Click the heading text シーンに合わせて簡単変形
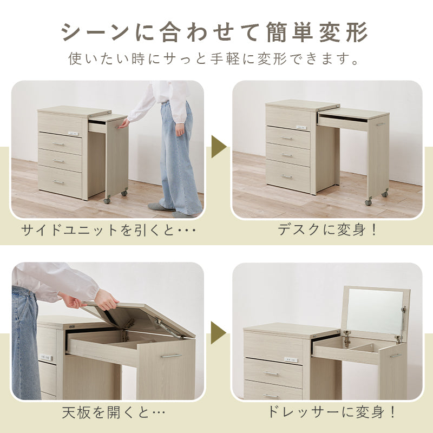click(214, 32)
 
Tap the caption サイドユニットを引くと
click(108, 229)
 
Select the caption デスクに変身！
click(327, 229)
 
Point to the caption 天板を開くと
click(114, 412)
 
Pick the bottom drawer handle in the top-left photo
click(58, 182)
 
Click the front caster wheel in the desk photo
click(368, 202)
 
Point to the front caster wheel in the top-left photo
click(107, 200)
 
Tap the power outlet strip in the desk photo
click(301, 127)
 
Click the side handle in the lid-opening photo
click(171, 356)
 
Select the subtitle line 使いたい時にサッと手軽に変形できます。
click(214, 58)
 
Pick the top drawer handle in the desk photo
click(287, 138)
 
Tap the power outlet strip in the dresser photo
click(291, 360)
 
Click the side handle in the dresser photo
click(396, 356)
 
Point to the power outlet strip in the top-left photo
click(73, 134)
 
